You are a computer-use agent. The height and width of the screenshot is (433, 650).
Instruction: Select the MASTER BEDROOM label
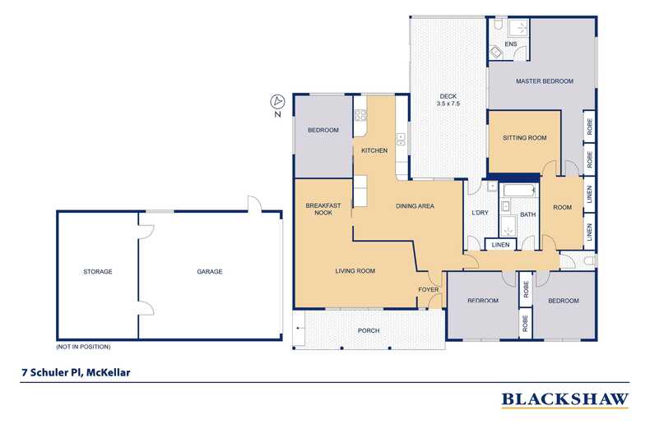[x=544, y=81]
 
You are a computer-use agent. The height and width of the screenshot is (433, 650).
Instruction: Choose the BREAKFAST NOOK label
[x=323, y=210]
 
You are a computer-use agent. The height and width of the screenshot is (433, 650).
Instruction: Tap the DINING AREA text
[x=415, y=205]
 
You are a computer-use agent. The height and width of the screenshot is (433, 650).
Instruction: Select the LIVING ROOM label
[x=355, y=270]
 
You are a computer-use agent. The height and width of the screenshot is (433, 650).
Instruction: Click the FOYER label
[x=428, y=290]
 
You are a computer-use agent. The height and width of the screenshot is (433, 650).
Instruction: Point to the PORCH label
[x=368, y=330]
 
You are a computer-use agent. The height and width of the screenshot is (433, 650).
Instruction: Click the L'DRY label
[x=480, y=214]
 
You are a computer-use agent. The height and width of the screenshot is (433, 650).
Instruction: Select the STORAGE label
[x=97, y=271]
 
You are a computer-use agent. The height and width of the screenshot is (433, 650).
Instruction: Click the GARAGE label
[x=209, y=271]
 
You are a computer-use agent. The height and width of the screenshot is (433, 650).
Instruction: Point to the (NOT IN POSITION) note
[x=83, y=346]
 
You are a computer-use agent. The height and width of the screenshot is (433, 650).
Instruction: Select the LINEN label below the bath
[x=500, y=245]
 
